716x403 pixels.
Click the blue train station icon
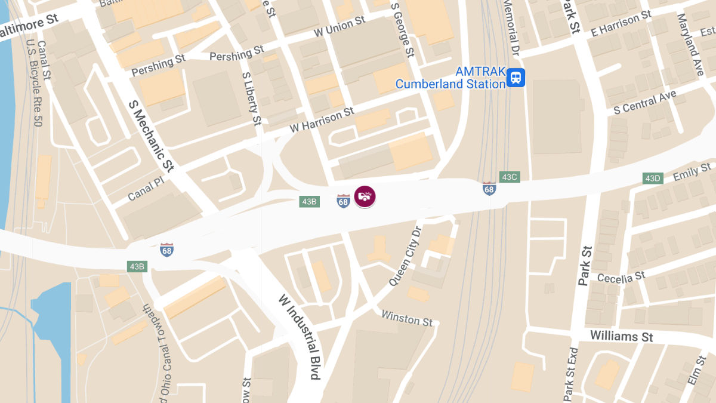point(516,78)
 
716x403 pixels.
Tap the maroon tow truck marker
point(365,196)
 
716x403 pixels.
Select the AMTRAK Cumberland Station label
point(450,78)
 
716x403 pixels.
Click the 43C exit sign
point(510,177)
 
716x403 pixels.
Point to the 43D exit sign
point(652,178)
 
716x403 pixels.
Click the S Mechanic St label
point(150,136)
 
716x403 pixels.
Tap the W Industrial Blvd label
point(299,337)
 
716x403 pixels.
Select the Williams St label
point(621,337)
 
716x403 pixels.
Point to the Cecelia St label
point(621,278)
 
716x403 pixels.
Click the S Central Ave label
point(645,102)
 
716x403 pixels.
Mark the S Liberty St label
point(252,99)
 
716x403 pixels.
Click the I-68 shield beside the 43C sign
point(489,189)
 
